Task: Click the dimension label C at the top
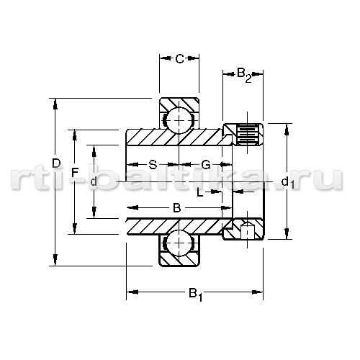179,58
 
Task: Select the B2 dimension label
244,75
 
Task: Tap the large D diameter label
56,163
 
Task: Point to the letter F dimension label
75,172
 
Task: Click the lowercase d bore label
94,181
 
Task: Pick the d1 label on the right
288,182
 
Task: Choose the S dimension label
153,165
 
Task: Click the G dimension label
206,165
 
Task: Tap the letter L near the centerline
200,192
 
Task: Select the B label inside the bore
177,208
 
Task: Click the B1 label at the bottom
196,294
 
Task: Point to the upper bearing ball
179,120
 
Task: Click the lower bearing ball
179,243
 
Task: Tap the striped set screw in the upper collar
248,135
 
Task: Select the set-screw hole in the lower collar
248,230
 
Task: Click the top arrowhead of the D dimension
55,104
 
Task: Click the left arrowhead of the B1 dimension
132,292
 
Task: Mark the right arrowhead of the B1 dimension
257,292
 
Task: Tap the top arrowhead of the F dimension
75,135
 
